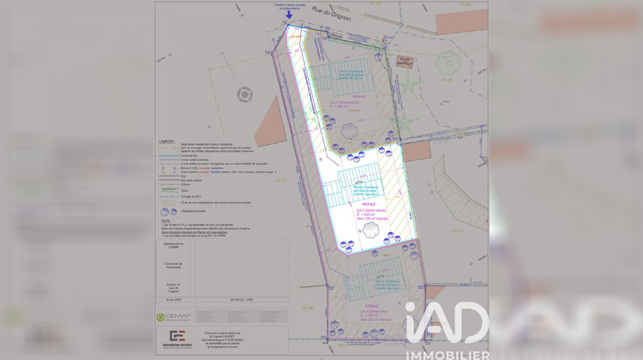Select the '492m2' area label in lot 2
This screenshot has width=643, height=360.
[x=369, y=204]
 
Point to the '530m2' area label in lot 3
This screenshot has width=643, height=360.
[x=372, y=306]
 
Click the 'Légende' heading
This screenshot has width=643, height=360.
[x=166, y=141]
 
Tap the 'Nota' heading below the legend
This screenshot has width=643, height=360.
[x=165, y=220]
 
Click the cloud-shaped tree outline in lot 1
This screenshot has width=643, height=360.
[x=349, y=130]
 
